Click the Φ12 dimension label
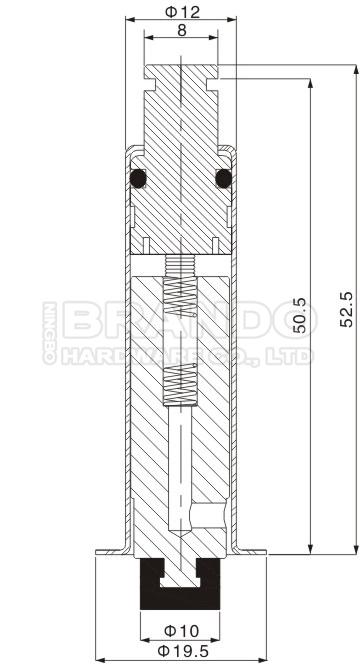(180, 11)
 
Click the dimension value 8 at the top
(181, 31)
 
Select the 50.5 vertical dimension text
(298, 314)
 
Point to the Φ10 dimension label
(181, 631)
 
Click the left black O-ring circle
(138, 179)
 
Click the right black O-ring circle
(224, 179)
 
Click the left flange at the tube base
(109, 552)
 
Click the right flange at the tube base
(253, 552)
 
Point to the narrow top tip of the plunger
(181, 71)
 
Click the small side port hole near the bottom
(209, 514)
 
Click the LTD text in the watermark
(294, 355)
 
